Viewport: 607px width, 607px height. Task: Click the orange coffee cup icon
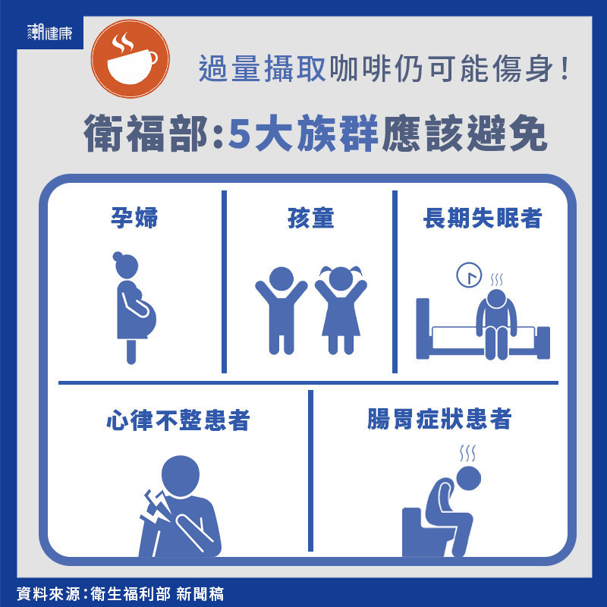click(x=130, y=58)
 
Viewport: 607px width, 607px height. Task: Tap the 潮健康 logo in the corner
click(x=50, y=32)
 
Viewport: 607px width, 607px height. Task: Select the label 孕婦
click(x=134, y=218)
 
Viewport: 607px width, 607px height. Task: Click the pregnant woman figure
click(x=134, y=308)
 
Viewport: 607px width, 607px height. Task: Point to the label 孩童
click(x=310, y=218)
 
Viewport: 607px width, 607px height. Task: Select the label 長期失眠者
click(x=483, y=218)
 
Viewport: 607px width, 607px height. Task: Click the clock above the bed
click(x=469, y=275)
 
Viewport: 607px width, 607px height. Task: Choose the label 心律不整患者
click(x=178, y=420)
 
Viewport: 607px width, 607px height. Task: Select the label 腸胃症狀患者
click(x=439, y=419)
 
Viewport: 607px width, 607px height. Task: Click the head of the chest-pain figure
click(x=181, y=476)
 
